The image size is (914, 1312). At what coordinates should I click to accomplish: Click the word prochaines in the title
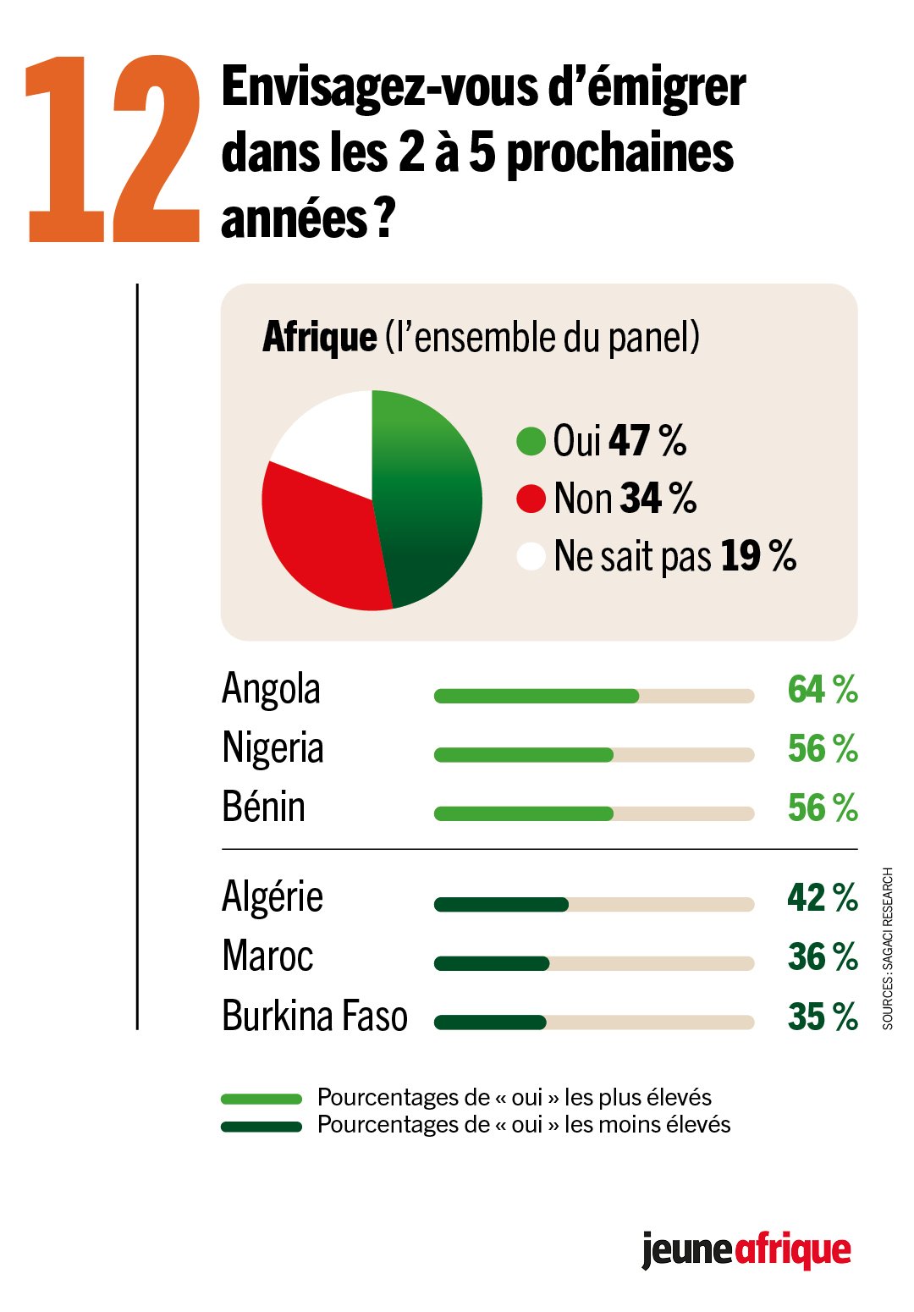pos(619,154)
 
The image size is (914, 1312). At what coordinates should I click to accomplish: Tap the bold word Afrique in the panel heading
pos(319,337)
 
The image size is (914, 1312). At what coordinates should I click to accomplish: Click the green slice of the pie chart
pos(427,499)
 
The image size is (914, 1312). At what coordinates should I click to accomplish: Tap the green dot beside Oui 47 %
pos(531,441)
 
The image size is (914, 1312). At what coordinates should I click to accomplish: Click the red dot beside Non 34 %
pos(531,499)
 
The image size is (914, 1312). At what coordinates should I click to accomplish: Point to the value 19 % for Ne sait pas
pos(758,556)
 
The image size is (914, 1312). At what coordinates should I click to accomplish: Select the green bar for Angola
pos(536,696)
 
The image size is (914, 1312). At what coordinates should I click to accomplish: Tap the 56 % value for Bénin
pos(822,808)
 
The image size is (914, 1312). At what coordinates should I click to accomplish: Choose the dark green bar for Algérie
pos(501,905)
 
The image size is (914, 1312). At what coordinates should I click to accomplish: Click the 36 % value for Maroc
pos(822,957)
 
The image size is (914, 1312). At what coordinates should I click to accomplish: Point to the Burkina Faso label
pos(314,1017)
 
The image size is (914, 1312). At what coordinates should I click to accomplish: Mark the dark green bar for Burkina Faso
pos(490,1023)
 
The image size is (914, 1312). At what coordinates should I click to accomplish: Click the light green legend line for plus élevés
pos(262,1099)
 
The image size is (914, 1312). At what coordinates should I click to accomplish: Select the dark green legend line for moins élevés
pos(262,1127)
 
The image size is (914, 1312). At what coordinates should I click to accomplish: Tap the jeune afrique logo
pos(746,1249)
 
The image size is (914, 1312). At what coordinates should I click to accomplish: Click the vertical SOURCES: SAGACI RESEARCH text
pos(888,948)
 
